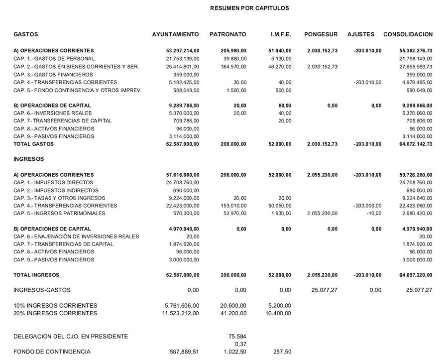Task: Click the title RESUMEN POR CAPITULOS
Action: pyautogui.click(x=249, y=8)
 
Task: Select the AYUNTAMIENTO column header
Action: pyautogui.click(x=175, y=34)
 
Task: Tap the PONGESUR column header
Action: pyautogui.click(x=321, y=34)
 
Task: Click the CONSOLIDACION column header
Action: pyautogui.click(x=408, y=34)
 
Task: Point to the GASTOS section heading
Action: pyautogui.click(x=26, y=34)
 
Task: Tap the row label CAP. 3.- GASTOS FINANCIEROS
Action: pyautogui.click(x=53, y=74)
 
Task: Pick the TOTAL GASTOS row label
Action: pyautogui.click(x=33, y=144)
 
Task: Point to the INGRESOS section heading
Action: pyautogui.click(x=29, y=159)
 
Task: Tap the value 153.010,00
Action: pyautogui.click(x=233, y=206)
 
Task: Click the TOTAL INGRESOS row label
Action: pyautogui.click(x=36, y=275)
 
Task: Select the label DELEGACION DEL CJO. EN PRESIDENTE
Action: pyautogui.click(x=71, y=336)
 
